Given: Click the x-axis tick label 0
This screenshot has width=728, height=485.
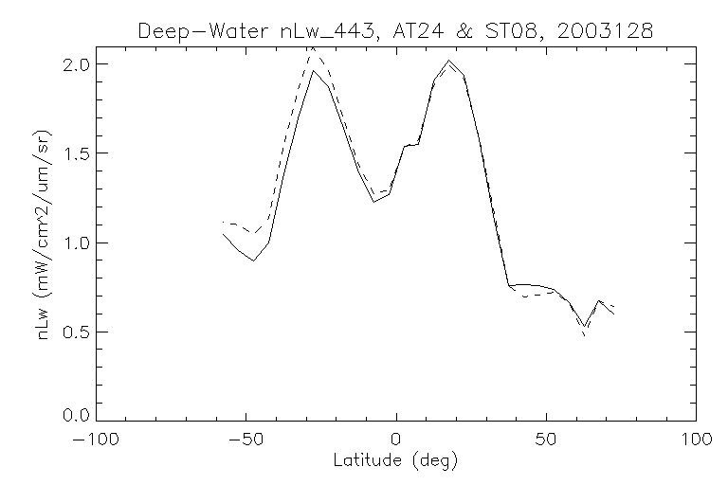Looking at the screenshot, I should click(396, 440).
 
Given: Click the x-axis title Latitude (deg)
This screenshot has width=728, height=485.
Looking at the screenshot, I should click(396, 461).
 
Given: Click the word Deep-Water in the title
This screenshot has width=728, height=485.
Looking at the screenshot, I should click(197, 30).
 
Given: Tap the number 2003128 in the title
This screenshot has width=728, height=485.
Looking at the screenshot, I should click(602, 30).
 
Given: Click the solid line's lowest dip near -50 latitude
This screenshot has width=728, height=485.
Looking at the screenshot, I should click(253, 260).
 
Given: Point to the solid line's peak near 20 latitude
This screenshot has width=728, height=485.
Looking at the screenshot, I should click(449, 61).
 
